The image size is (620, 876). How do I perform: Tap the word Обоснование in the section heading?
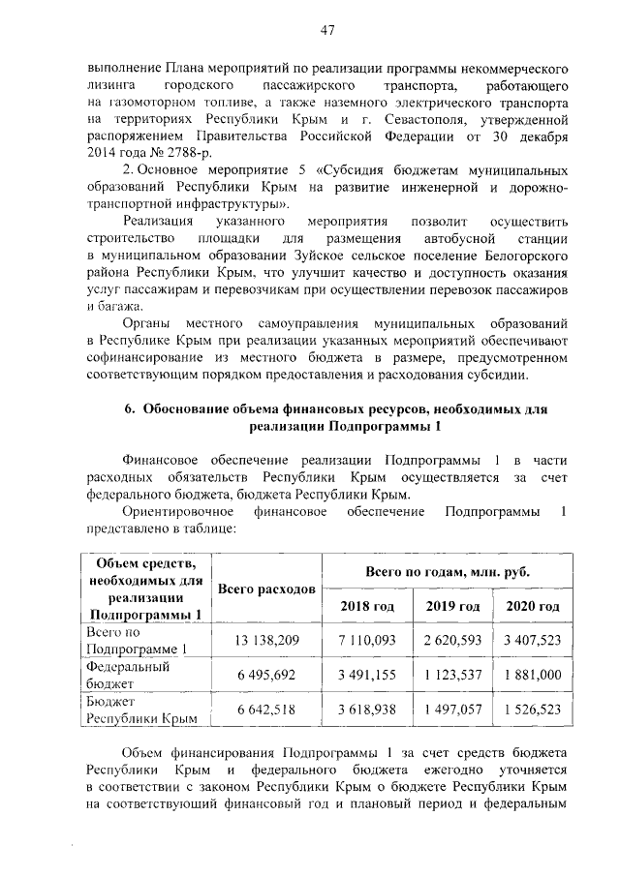tap(189, 409)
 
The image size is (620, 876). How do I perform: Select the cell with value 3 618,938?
tap(367, 710)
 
